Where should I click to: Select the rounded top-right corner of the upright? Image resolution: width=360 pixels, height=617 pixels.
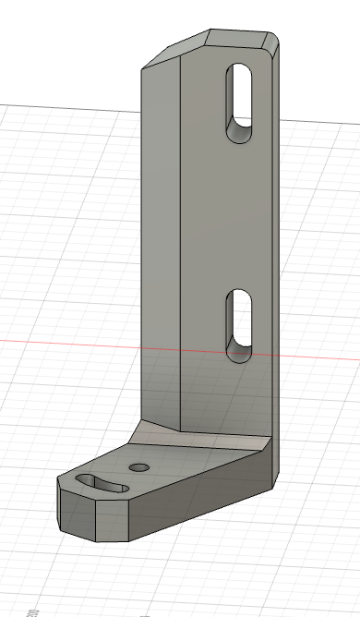[273, 43]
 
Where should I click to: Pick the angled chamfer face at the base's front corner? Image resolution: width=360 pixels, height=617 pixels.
[112, 517]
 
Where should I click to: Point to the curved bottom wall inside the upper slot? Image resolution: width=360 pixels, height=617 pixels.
[239, 134]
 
